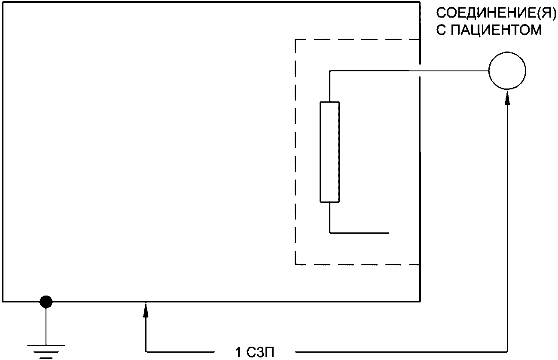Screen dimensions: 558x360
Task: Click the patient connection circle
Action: tap(507, 70)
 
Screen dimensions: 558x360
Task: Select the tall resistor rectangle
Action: tap(329, 152)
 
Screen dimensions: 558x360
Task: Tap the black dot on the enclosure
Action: tap(46, 302)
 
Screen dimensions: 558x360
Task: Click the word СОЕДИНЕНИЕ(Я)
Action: tap(489, 13)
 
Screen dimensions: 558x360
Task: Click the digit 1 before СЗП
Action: tap(238, 353)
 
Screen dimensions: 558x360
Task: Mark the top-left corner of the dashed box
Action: tap(295, 40)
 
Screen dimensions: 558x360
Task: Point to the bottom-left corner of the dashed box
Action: tap(295, 264)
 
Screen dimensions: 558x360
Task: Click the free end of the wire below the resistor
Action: tap(388, 233)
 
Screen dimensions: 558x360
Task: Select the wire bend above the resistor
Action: tap(329, 70)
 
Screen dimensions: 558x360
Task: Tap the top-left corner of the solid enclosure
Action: tap(3, 2)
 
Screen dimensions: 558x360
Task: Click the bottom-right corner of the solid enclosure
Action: tap(420, 302)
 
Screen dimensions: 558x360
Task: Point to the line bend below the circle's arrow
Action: tap(507, 352)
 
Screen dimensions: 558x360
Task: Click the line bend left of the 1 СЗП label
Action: tap(146, 352)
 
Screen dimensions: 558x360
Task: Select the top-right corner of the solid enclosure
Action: tap(420, 2)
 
